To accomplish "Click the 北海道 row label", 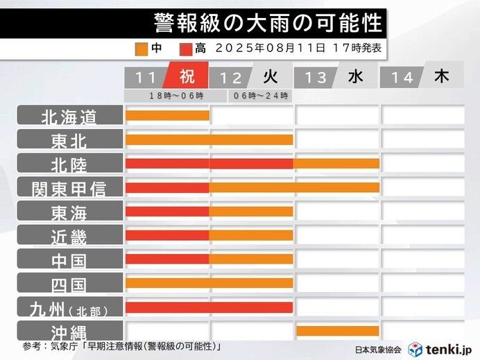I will pyautogui.click(x=69, y=116).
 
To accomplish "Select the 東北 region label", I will pyautogui.click(x=69, y=140).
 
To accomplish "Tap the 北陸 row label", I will pyautogui.click(x=69, y=164).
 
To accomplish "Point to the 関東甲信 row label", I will pyautogui.click(x=69, y=188).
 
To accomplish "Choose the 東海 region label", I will pyautogui.click(x=69, y=212).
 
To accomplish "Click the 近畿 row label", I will pyautogui.click(x=69, y=236).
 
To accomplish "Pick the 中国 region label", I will pyautogui.click(x=69, y=259).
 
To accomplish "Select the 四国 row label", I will pyautogui.click(x=69, y=283).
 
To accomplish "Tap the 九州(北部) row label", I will pyautogui.click(x=69, y=307).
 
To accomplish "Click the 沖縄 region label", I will pyautogui.click(x=69, y=331).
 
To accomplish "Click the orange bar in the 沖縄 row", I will pyautogui.click(x=337, y=331).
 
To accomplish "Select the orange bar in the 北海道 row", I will pyautogui.click(x=167, y=115).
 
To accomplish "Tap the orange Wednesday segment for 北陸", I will pyautogui.click(x=337, y=164).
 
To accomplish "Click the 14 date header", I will pyautogui.click(x=402, y=78).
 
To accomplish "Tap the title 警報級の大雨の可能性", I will pyautogui.click(x=268, y=24).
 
